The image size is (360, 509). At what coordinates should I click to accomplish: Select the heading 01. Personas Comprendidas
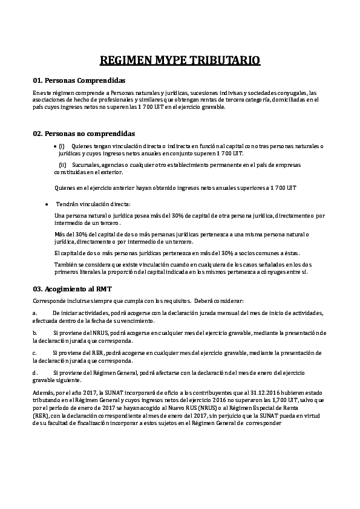tap(79, 80)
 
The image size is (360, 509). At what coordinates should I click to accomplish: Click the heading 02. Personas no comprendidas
tap(83, 133)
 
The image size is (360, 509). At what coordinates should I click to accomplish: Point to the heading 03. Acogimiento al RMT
tap(72, 289)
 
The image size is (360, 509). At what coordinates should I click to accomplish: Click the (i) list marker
tap(61, 146)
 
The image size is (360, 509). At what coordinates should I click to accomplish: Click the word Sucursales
tap(85, 164)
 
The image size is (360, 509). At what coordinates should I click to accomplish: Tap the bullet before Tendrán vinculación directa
tap(47, 204)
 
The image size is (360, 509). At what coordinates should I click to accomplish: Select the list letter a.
tap(34, 313)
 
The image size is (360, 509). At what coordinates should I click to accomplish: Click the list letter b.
tap(34, 333)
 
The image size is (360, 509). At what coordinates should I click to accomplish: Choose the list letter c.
tap(34, 352)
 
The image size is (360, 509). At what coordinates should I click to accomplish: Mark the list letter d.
tap(35, 372)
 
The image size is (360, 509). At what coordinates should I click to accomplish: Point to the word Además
tap(44, 393)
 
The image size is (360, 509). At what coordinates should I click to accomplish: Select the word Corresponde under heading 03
tap(50, 300)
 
